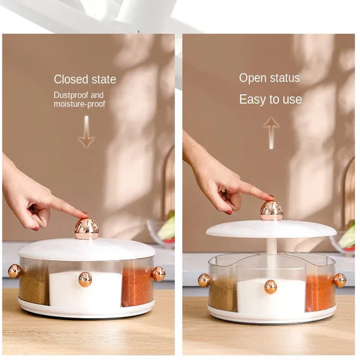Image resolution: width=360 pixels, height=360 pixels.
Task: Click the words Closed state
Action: click(x=85, y=79)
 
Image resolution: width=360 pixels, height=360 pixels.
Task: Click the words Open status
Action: click(x=269, y=78)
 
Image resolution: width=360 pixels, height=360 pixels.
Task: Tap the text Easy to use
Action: click(x=270, y=100)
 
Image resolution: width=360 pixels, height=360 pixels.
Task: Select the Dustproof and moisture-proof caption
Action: click(x=79, y=100)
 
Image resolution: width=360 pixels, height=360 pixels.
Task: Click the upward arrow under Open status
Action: click(x=271, y=132)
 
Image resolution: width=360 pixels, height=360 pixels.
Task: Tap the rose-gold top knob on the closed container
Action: click(x=86, y=228)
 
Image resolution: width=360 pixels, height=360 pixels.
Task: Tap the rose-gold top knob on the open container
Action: click(x=271, y=210)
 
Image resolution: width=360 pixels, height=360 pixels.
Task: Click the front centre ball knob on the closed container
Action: click(x=85, y=279)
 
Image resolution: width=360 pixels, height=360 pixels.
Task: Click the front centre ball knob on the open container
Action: click(x=271, y=287)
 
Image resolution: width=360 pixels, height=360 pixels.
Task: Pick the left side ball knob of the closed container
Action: click(x=14, y=271)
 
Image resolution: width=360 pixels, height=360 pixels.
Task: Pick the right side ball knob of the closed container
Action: click(x=158, y=274)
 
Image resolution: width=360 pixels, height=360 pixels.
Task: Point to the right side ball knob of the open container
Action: click(x=340, y=280)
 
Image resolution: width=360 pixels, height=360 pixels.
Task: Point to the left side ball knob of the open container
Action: click(x=205, y=280)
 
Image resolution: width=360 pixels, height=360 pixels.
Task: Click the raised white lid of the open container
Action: click(x=271, y=229)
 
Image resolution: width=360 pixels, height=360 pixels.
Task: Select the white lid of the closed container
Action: click(x=86, y=249)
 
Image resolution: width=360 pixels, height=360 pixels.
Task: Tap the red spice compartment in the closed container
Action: click(x=136, y=287)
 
